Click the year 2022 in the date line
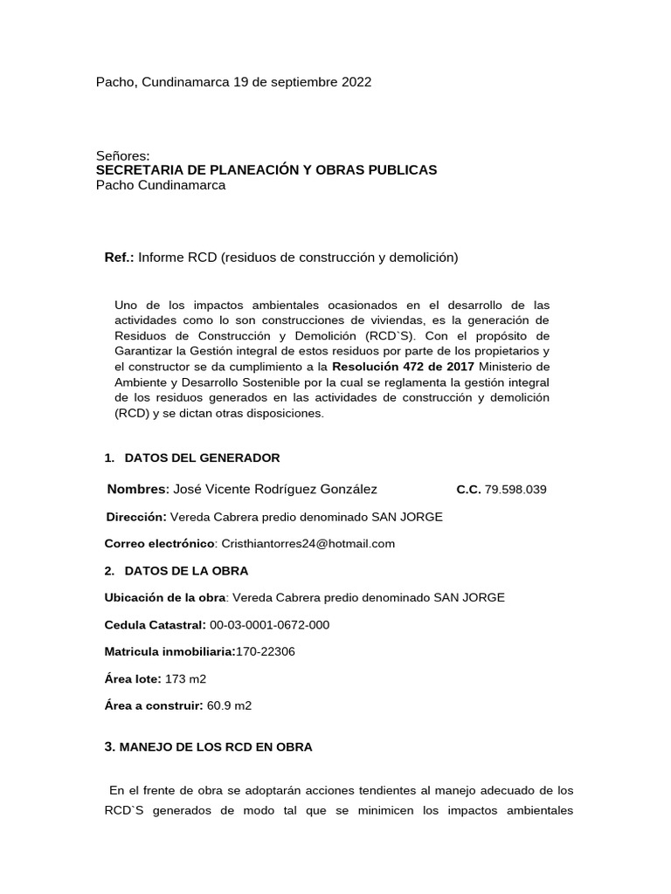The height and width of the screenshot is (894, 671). (354, 82)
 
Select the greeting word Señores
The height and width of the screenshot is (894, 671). (122, 156)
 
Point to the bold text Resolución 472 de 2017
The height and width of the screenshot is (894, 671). (403, 366)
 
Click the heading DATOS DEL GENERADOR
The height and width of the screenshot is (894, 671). (202, 457)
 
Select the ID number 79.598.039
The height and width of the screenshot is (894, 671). (515, 490)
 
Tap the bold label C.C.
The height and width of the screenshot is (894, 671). (468, 490)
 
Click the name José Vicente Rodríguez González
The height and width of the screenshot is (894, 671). (276, 489)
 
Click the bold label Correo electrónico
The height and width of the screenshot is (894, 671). (159, 544)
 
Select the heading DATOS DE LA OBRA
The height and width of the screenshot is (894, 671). (186, 571)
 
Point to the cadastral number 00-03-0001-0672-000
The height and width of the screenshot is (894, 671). (269, 625)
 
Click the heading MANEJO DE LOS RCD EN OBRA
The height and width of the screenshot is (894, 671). (215, 747)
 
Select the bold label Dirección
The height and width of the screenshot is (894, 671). (136, 517)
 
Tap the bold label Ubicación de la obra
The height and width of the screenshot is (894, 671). (165, 598)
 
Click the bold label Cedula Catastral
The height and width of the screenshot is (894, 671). (155, 625)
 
